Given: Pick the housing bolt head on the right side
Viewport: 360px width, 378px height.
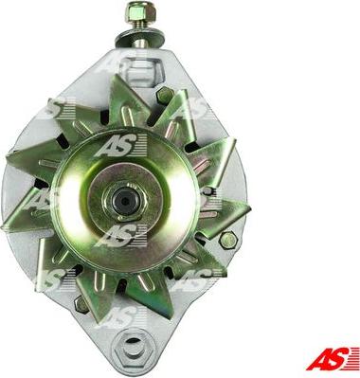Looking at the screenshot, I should (227, 241).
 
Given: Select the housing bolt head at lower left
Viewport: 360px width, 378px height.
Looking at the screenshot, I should (80, 304).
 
